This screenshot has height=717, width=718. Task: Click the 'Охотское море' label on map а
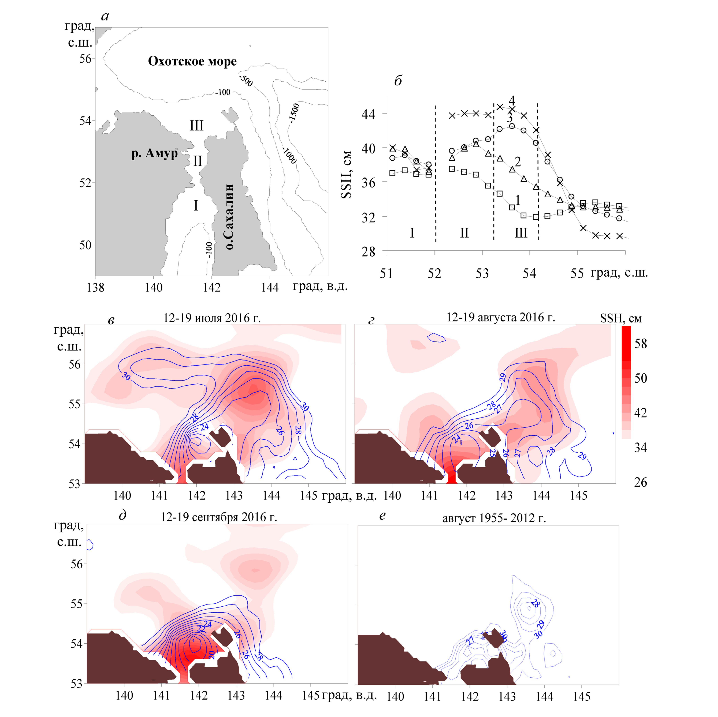192,61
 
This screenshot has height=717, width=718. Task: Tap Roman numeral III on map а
197,126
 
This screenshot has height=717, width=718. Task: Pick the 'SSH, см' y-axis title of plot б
346,175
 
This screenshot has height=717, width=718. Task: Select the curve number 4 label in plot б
512,100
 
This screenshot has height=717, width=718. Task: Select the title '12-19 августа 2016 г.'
501,317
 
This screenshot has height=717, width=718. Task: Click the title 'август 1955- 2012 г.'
494,518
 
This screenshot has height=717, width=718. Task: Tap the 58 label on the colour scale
640,344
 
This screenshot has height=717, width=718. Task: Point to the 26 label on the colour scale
640,482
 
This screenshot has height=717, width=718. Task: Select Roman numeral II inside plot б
464,233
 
